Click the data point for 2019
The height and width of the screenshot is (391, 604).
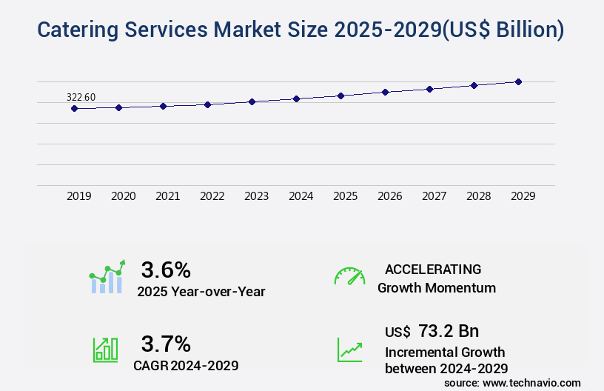tap(74, 108)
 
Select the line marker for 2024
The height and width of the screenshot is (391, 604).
tap(296, 98)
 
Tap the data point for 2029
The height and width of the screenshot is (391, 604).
tap(518, 81)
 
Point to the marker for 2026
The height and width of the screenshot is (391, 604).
tap(385, 92)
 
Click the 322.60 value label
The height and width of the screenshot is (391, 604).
tap(81, 97)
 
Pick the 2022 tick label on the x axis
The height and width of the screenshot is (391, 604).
tap(212, 196)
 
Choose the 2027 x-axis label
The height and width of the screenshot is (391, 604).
tap(434, 196)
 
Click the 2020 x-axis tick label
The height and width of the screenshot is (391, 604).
tap(123, 196)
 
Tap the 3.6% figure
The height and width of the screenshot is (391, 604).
tap(166, 269)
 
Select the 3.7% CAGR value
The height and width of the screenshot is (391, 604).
tap(166, 344)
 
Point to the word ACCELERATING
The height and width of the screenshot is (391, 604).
tap(433, 269)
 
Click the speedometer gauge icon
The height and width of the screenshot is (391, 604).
tap(349, 276)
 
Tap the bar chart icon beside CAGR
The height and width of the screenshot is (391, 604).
tap(104, 350)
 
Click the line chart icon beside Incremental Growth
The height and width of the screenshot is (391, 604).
tap(349, 350)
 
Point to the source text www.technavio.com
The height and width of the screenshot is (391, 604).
tap(532, 382)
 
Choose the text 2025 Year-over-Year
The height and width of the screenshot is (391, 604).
tap(201, 292)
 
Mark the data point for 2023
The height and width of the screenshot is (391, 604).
tap(252, 101)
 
